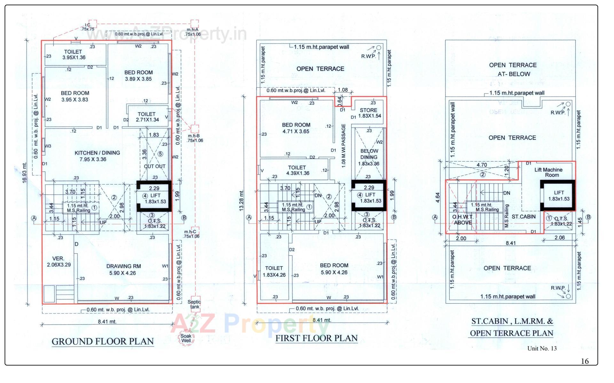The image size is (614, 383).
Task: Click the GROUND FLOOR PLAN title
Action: (x=103, y=341)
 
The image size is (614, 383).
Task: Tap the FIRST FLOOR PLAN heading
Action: (x=316, y=338)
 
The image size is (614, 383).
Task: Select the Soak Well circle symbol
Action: (x=186, y=338)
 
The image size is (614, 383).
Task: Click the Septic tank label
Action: (x=194, y=304)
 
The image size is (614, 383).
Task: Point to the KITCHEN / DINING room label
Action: (x=97, y=156)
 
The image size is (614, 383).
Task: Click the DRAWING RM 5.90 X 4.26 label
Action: (x=123, y=269)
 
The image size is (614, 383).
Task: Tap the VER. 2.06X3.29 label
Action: (x=59, y=261)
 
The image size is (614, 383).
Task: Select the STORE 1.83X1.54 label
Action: (x=370, y=113)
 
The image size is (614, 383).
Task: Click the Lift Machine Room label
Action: (x=548, y=172)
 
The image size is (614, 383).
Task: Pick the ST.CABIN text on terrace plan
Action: (x=523, y=217)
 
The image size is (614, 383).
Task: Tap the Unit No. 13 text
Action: (x=542, y=348)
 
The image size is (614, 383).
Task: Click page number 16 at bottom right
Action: (x=585, y=361)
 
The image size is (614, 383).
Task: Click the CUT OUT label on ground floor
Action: (x=154, y=166)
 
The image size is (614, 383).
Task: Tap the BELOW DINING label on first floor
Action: (x=369, y=154)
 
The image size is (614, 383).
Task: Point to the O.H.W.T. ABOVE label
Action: (x=462, y=219)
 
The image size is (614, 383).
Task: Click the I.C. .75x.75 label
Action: (x=88, y=27)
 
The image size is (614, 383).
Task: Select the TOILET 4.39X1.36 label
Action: (x=296, y=170)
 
